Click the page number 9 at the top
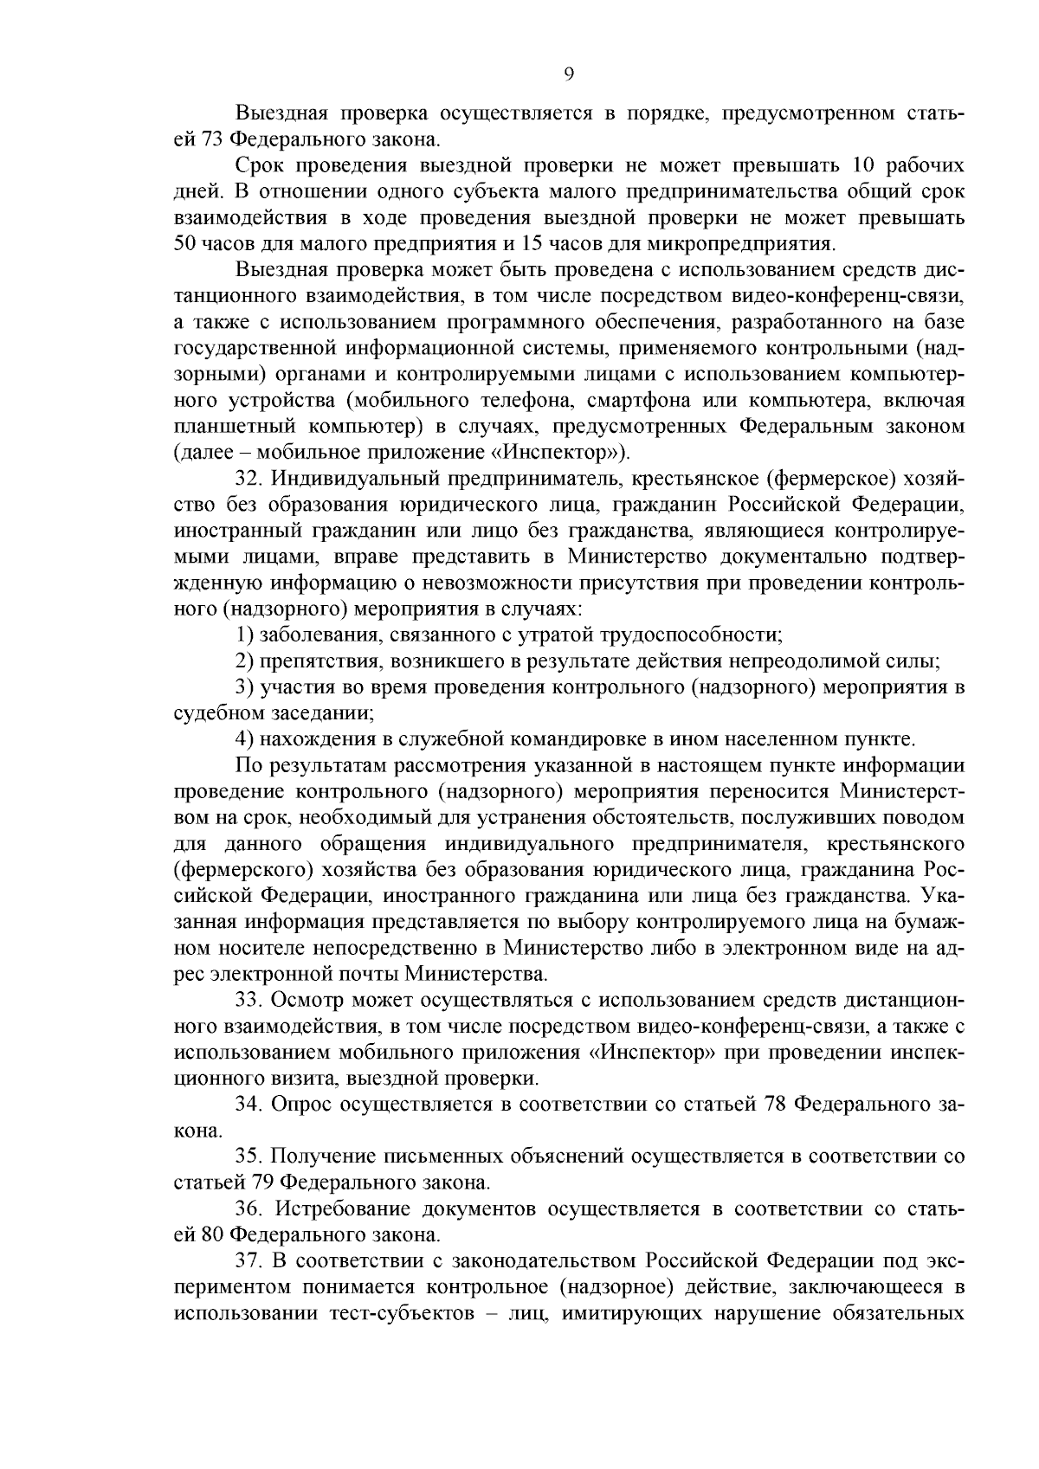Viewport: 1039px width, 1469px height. coord(568,74)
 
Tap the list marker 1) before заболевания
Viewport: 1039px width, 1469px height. coord(246,635)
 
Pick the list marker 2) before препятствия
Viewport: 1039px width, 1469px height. coord(246,661)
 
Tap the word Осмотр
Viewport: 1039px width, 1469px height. coord(300,1000)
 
